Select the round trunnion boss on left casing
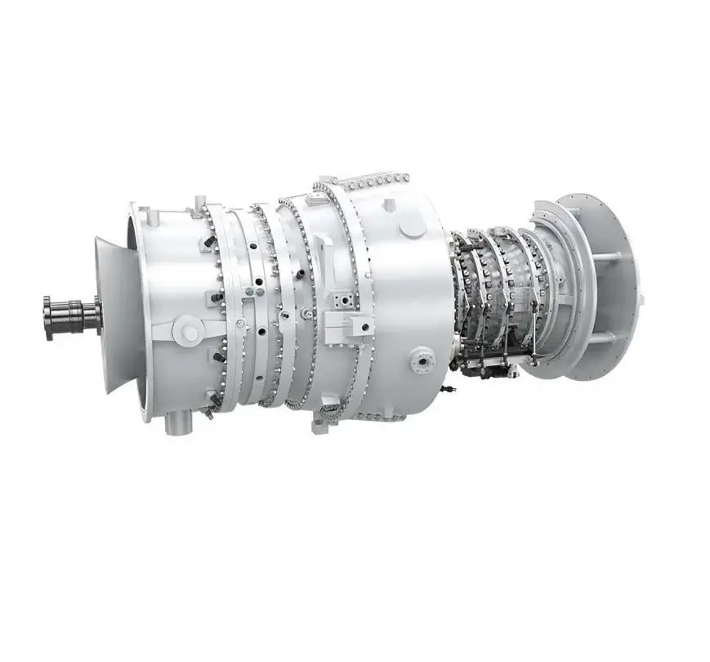[x=190, y=332]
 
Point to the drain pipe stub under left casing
[x=174, y=423]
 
